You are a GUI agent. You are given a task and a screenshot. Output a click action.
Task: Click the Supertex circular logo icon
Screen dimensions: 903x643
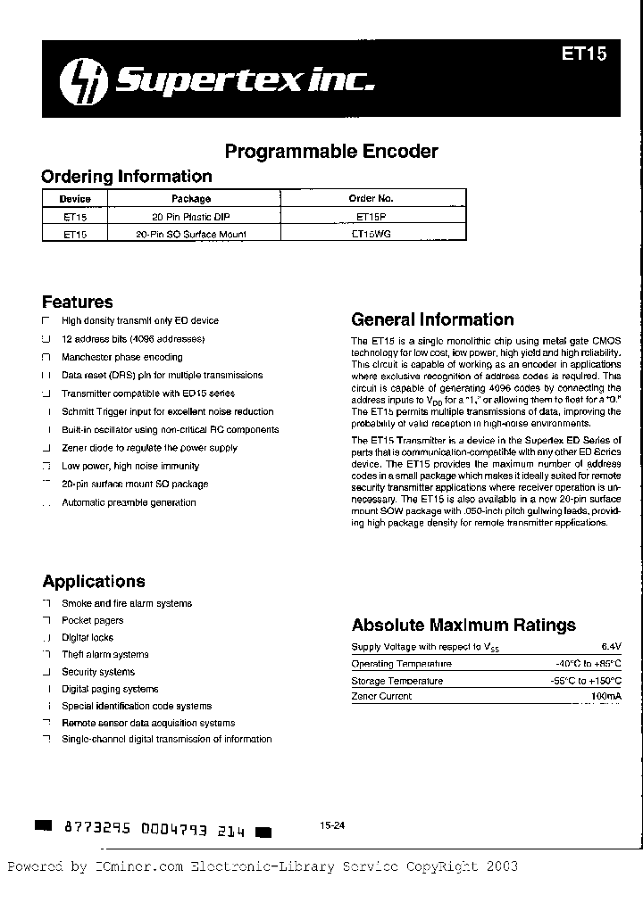click(78, 84)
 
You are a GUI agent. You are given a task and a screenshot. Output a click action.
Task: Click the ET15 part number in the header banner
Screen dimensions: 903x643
click(584, 54)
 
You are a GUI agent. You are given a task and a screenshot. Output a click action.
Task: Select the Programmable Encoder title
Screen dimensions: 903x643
click(331, 151)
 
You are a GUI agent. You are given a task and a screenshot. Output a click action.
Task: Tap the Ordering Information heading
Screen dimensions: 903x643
click(127, 177)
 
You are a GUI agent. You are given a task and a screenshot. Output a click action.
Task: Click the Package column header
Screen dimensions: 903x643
click(191, 199)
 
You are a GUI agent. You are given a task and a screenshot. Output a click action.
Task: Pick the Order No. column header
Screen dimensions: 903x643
click(371, 199)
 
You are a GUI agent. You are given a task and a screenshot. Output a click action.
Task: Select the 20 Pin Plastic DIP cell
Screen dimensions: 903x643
click(191, 217)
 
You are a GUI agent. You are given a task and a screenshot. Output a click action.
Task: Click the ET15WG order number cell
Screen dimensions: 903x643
click(371, 234)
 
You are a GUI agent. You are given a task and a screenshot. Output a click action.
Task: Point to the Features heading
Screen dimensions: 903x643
click(78, 302)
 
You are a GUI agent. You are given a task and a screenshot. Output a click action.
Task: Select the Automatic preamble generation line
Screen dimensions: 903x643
click(129, 502)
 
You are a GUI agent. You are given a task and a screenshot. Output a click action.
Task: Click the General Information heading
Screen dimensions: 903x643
click(432, 319)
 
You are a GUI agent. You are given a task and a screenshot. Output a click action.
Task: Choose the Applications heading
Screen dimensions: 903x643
click(94, 582)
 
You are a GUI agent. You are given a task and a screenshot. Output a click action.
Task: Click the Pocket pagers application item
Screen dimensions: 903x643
click(92, 620)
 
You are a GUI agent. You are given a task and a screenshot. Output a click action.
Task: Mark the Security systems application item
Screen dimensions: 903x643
click(98, 672)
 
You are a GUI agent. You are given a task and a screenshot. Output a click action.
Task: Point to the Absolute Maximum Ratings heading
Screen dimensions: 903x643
click(463, 625)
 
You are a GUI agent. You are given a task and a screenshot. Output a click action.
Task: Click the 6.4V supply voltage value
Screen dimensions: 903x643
click(610, 646)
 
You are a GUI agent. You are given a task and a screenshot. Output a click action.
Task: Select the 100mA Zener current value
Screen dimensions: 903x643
click(605, 696)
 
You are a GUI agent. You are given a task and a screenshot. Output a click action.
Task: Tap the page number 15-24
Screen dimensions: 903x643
click(331, 826)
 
